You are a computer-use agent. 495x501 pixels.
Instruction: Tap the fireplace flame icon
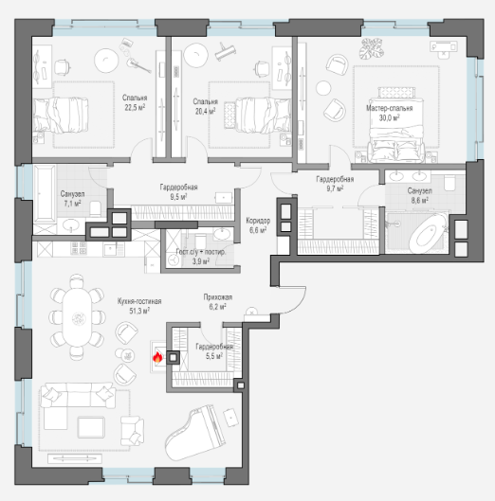157,357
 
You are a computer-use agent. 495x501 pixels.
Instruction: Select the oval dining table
77,317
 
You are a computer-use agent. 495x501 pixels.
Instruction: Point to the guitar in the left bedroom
138,64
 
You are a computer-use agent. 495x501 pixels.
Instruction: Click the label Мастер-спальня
389,108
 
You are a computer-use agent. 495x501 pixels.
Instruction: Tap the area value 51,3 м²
139,311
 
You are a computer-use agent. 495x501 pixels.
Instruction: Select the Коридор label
258,221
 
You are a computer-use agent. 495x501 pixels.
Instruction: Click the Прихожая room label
218,297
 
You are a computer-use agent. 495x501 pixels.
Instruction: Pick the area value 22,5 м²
135,107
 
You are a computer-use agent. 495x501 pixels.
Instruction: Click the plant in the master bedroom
371,48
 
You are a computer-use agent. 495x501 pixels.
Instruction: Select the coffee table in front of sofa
91,427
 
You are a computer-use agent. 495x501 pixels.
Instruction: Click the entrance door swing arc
298,305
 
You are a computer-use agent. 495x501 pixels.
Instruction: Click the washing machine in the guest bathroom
174,260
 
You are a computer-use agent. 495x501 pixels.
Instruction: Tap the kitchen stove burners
79,248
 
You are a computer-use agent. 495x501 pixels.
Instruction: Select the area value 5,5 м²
214,355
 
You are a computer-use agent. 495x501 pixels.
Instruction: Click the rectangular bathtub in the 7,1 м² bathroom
45,193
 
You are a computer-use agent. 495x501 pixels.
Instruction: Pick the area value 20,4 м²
205,111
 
